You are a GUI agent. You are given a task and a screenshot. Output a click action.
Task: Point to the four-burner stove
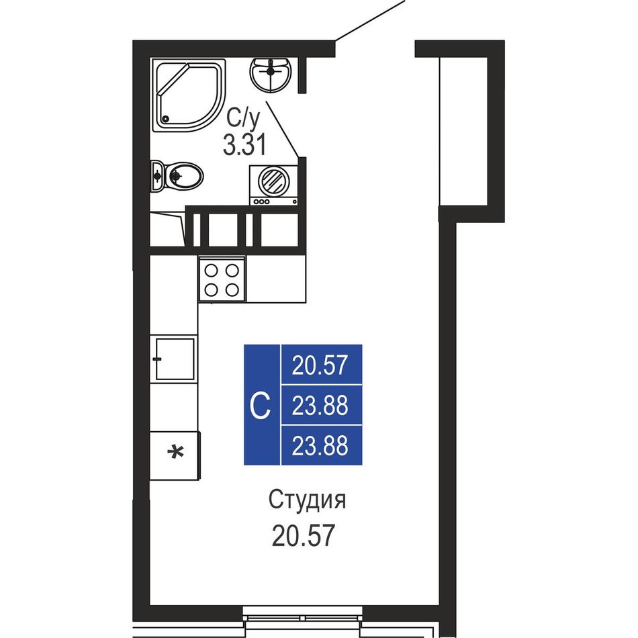click(222, 279)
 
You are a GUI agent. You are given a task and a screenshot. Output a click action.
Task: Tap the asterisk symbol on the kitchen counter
click(176, 453)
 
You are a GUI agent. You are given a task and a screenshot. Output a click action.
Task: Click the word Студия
click(307, 500)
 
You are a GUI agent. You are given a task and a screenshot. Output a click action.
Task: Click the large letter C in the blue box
click(260, 405)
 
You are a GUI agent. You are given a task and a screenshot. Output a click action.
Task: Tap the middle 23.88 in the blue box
click(320, 406)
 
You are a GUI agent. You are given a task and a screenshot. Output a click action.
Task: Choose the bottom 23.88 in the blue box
click(320, 445)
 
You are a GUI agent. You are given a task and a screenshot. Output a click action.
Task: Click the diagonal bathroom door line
click(283, 128)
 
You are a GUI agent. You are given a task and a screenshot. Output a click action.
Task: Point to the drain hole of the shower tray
click(165, 119)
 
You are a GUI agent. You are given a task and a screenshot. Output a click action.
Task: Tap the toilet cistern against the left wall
click(156, 176)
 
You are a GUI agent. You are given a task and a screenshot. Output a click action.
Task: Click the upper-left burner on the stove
click(211, 270)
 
